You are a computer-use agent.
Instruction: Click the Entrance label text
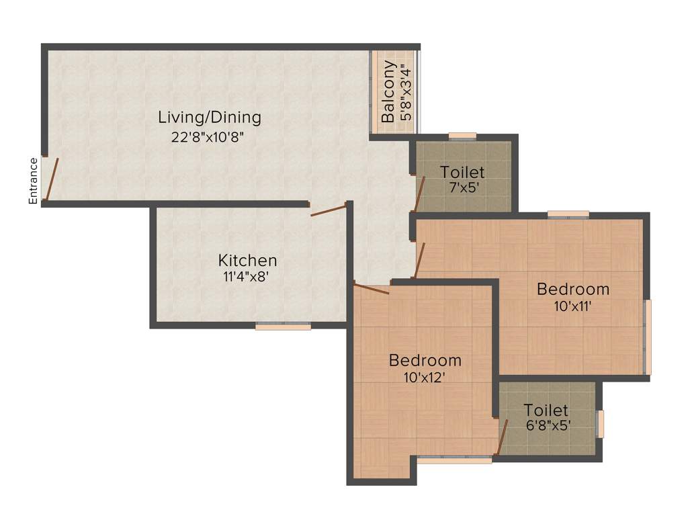(x=32, y=180)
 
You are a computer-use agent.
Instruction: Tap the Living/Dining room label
(x=210, y=118)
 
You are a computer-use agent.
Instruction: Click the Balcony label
(x=388, y=92)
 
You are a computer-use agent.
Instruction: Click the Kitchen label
(x=247, y=261)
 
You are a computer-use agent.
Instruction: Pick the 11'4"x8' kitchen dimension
(x=247, y=277)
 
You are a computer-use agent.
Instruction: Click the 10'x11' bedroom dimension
(x=573, y=306)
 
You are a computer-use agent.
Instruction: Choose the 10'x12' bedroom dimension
(x=425, y=377)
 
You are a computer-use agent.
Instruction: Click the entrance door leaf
(x=51, y=179)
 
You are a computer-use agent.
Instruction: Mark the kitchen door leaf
(x=329, y=210)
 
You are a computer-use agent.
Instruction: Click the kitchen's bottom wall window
(x=283, y=327)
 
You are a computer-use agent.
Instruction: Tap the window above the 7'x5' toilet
(x=462, y=136)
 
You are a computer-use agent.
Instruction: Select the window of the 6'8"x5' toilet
(x=601, y=423)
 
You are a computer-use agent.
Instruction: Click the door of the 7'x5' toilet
(x=419, y=193)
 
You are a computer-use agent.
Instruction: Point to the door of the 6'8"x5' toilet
(x=501, y=437)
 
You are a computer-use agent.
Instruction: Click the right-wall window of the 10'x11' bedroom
(x=648, y=336)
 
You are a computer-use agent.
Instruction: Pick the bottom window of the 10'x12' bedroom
(x=455, y=460)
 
